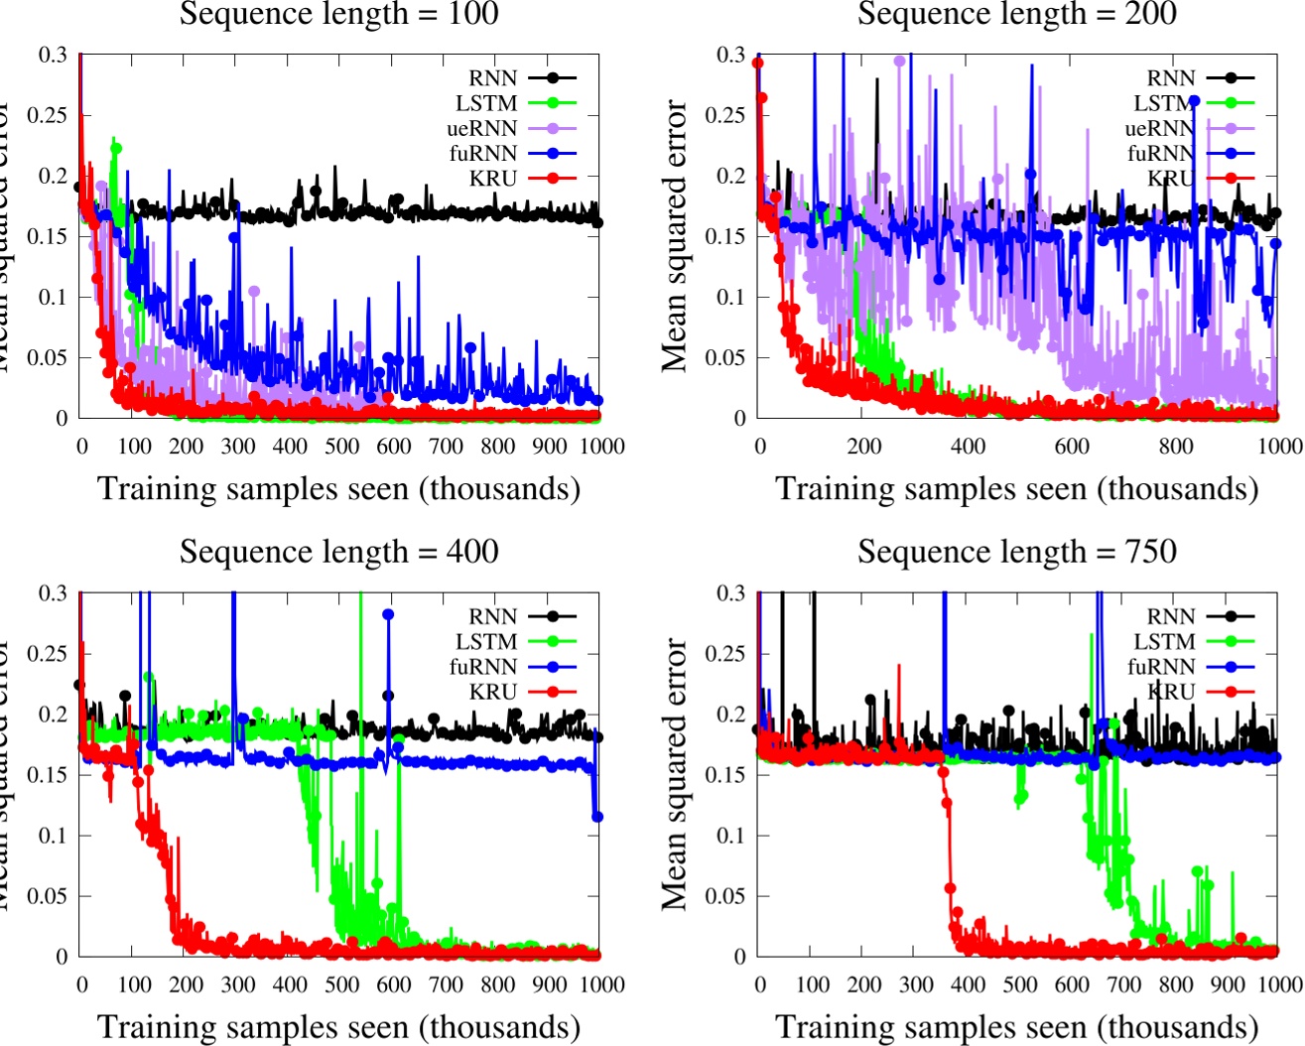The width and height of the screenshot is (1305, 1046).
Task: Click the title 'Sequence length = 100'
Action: point(338,14)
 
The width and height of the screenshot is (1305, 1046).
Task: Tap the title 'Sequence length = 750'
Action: point(1016,552)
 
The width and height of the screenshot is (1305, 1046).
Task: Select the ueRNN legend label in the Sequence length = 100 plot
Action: point(481,129)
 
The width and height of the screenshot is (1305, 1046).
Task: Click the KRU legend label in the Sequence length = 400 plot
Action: point(493,692)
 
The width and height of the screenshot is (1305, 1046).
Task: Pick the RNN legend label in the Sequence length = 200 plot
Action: point(1171,78)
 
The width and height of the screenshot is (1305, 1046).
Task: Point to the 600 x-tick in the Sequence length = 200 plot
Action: point(1072,447)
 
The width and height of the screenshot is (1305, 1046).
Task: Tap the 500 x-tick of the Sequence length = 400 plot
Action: point(342,984)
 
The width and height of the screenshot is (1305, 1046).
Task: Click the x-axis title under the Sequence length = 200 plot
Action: point(1016,489)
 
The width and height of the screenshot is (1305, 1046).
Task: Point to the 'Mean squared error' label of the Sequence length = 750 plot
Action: point(676,774)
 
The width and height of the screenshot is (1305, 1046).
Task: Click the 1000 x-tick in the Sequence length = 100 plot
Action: point(601,447)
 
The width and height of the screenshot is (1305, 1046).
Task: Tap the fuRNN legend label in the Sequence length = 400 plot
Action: point(482,667)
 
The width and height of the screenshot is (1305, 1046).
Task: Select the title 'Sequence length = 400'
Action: point(338,552)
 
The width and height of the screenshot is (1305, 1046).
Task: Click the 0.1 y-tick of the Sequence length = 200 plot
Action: point(731,298)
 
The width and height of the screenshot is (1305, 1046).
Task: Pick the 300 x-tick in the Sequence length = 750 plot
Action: point(916,984)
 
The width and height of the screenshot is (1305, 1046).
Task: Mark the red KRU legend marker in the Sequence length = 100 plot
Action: point(553,179)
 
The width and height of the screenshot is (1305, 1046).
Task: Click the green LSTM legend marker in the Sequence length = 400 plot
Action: point(553,642)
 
